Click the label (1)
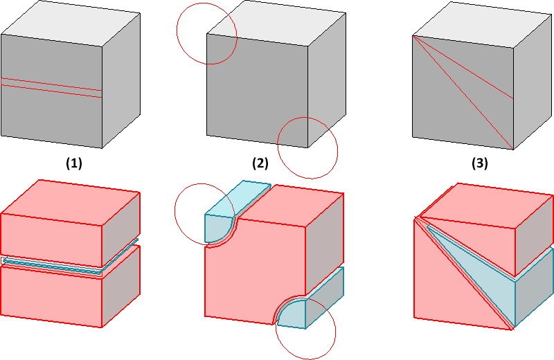click(73, 164)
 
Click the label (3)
click(479, 164)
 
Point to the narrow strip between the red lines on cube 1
click(52, 87)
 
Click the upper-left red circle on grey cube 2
click(206, 34)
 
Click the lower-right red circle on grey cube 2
click(307, 147)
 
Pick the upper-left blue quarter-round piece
click(220, 225)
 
